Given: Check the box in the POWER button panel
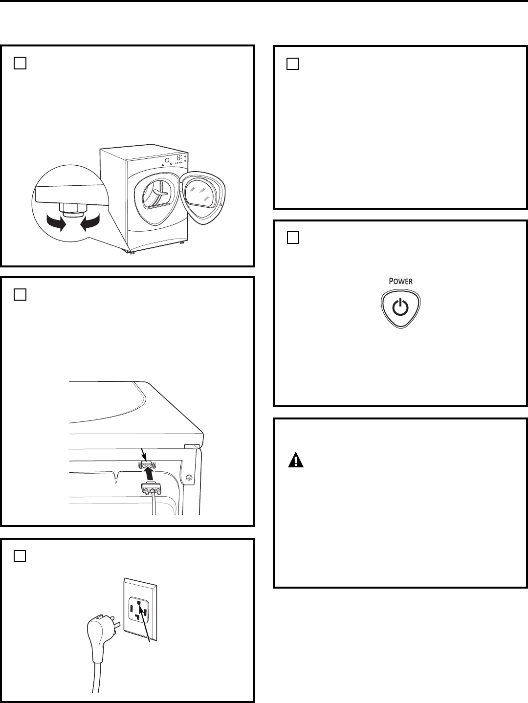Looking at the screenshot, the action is [292, 238].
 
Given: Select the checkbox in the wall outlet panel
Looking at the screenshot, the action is [20, 556].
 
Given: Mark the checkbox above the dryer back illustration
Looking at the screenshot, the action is [20, 295].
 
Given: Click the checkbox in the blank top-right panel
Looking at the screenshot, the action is [292, 64].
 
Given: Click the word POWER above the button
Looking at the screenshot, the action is [401, 282].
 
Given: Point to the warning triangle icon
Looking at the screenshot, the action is [295, 461].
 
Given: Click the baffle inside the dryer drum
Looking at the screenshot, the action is [155, 195].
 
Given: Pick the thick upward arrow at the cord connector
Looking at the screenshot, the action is [148, 474].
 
